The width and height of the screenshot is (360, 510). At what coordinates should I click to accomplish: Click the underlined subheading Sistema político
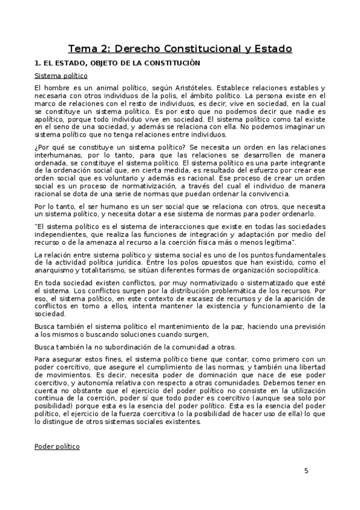tap(61, 76)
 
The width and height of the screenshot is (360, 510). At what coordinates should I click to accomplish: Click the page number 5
tap(306, 470)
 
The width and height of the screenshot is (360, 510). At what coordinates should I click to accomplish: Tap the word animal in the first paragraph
tap(100, 88)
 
